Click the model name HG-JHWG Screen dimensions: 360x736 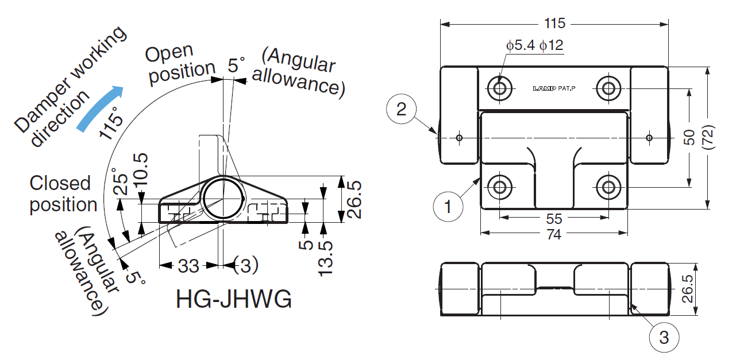click(234, 300)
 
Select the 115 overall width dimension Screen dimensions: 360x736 click(554, 24)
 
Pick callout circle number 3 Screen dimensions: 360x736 click(664, 338)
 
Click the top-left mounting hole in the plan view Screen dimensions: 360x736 click(499, 88)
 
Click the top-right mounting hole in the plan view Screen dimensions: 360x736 click(608, 88)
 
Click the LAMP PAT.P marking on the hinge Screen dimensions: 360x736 click(554, 89)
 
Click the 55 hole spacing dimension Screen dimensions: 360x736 click(554, 219)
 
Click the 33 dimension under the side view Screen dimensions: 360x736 click(188, 266)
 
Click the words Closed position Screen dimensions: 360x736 click(63, 194)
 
